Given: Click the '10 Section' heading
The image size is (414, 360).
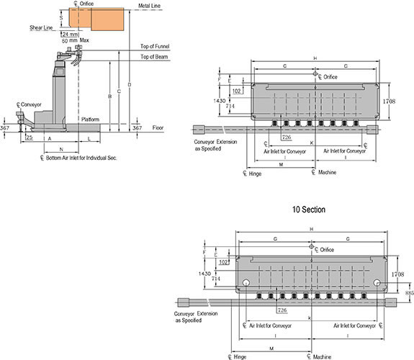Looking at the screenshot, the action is point(309,210).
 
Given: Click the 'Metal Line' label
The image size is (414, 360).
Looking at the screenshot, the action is point(149,6).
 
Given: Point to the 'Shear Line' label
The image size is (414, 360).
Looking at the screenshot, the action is point(41,27).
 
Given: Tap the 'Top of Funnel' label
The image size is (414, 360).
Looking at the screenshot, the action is point(155,46).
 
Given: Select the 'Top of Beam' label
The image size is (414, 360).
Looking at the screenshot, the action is point(154,57).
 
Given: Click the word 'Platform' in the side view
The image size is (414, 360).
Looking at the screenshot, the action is point(90,120).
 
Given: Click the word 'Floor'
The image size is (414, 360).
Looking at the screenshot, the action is point(158,128).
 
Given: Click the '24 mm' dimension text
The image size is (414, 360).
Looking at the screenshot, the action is point(70,35).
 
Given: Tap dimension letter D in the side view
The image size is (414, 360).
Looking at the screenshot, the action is point(130,85).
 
